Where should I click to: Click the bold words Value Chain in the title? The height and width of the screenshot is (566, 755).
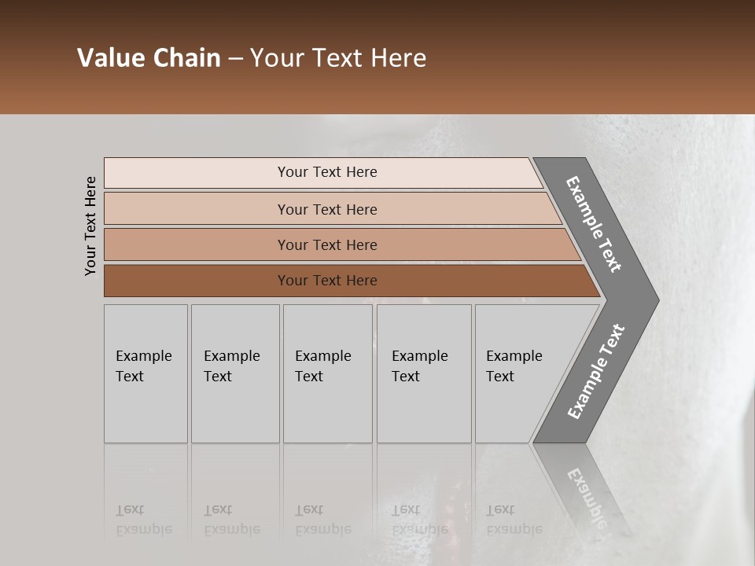click(149, 58)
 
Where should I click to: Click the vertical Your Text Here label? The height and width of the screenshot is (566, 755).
click(90, 226)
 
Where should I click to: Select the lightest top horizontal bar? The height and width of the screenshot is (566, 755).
click(197, 173)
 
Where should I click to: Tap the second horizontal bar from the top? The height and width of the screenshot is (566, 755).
click(197, 209)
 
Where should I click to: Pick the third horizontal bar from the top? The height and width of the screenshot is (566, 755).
click(197, 244)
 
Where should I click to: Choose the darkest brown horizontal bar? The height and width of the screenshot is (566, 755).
click(197, 281)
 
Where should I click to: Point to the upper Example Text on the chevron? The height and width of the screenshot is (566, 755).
click(594, 224)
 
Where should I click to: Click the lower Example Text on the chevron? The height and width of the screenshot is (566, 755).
click(595, 372)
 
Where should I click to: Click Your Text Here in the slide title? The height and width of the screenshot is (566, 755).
click(338, 58)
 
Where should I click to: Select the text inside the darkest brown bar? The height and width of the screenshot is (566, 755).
click(327, 281)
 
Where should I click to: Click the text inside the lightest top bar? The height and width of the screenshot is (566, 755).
click(327, 172)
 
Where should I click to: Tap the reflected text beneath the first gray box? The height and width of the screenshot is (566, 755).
click(143, 520)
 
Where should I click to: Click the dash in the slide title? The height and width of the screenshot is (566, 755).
click(235, 58)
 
